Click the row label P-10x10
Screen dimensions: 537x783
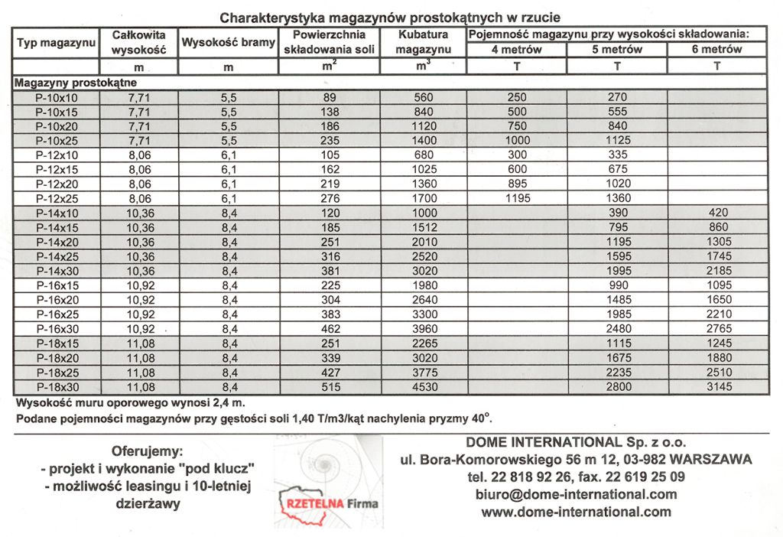(x=56, y=97)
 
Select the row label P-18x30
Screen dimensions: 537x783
(x=56, y=387)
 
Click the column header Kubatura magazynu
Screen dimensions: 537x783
(x=423, y=42)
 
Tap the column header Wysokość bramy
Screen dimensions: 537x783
(x=228, y=43)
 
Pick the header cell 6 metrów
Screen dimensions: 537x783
(x=716, y=50)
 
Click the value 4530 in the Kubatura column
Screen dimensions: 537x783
(x=423, y=387)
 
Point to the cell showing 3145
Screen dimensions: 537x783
(x=716, y=387)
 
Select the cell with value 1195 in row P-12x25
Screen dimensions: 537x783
(x=517, y=198)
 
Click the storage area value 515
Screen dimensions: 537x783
(x=330, y=387)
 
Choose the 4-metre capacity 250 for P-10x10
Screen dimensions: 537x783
(x=517, y=97)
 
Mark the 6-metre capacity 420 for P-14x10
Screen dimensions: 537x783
(x=716, y=213)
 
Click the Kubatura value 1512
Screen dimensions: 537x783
(x=423, y=227)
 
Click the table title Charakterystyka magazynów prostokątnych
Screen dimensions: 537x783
(x=390, y=18)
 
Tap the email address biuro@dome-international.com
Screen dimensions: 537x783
(x=576, y=494)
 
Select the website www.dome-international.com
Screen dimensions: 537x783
(x=576, y=512)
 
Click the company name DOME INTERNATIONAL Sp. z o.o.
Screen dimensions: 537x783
(x=576, y=442)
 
